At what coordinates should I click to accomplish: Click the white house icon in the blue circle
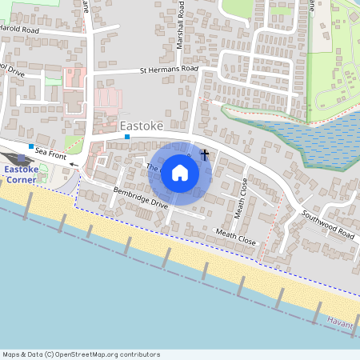click(180, 173)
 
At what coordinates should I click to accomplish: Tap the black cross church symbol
click(205, 154)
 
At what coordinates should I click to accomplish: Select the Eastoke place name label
click(142, 126)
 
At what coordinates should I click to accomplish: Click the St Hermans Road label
click(168, 70)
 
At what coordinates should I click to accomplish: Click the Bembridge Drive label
click(141, 198)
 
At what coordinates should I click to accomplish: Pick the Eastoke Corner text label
click(19, 174)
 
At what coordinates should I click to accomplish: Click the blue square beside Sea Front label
click(31, 147)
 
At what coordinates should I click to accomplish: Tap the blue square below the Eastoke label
click(126, 138)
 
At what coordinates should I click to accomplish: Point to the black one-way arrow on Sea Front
click(74, 165)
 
